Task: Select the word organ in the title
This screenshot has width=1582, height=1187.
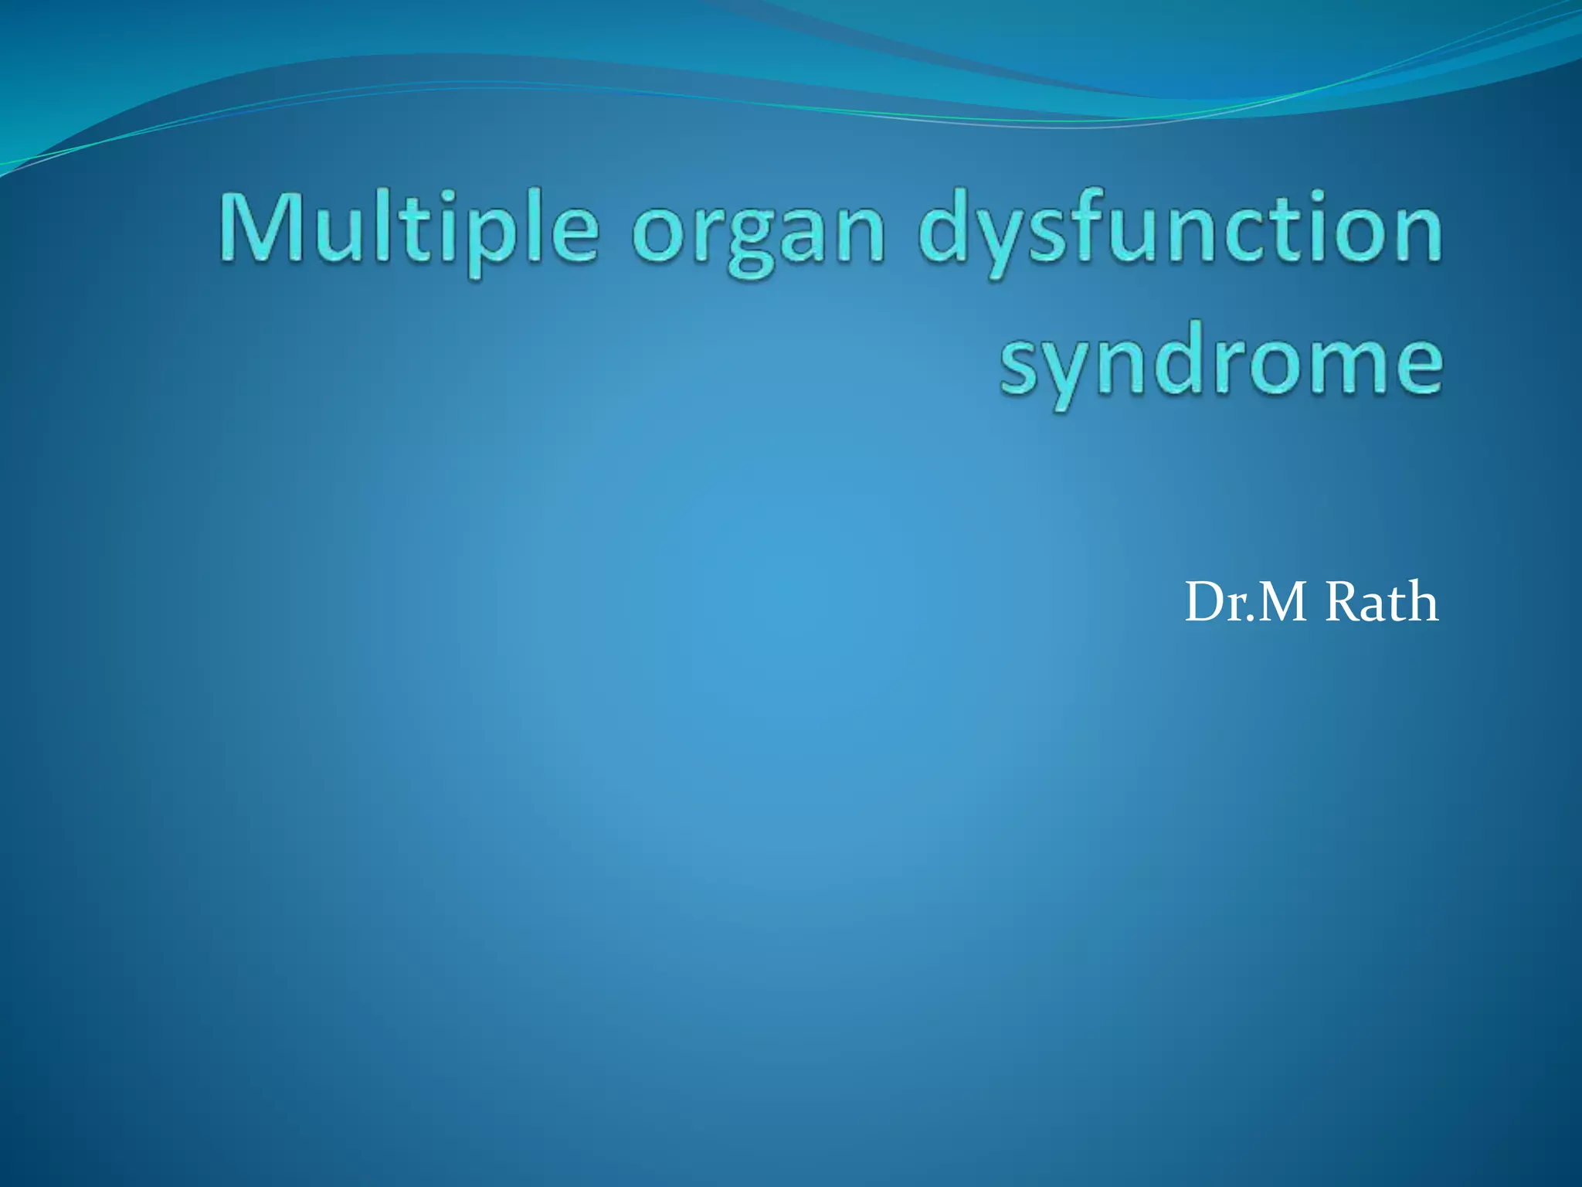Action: (758, 232)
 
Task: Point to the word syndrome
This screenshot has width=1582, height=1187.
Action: (1220, 363)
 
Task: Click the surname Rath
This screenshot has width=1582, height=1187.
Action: (1381, 603)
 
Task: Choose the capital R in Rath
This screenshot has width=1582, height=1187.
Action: (1343, 603)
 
